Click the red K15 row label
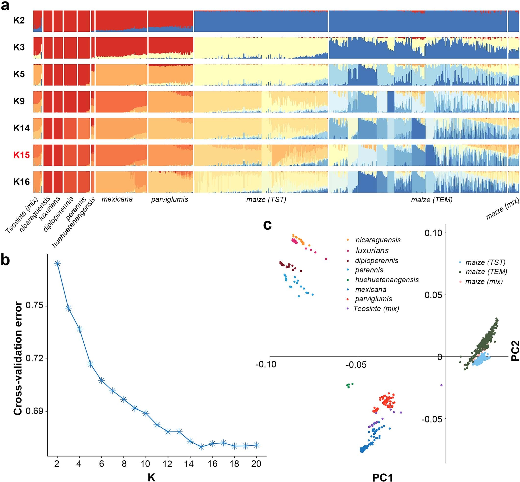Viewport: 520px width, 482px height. (x=21, y=155)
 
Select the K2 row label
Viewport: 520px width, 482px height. (x=19, y=20)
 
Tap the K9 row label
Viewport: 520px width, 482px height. (x=19, y=101)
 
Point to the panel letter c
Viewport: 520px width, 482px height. (x=267, y=225)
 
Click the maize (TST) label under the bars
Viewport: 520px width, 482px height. (x=266, y=200)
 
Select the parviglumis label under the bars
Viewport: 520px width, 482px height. (x=169, y=200)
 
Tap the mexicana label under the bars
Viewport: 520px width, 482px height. (x=117, y=199)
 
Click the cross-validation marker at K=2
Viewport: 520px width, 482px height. (x=57, y=263)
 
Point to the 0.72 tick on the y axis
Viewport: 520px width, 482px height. (x=34, y=358)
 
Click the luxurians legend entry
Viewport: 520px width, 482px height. (x=372, y=250)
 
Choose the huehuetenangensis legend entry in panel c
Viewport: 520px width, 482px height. (x=387, y=280)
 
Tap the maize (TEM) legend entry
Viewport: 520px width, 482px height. (x=486, y=272)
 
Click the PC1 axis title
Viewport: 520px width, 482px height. (x=382, y=477)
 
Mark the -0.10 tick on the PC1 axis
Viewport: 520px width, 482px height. (x=266, y=364)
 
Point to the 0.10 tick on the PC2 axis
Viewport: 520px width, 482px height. (x=433, y=233)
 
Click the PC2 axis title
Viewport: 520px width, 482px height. (x=515, y=351)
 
